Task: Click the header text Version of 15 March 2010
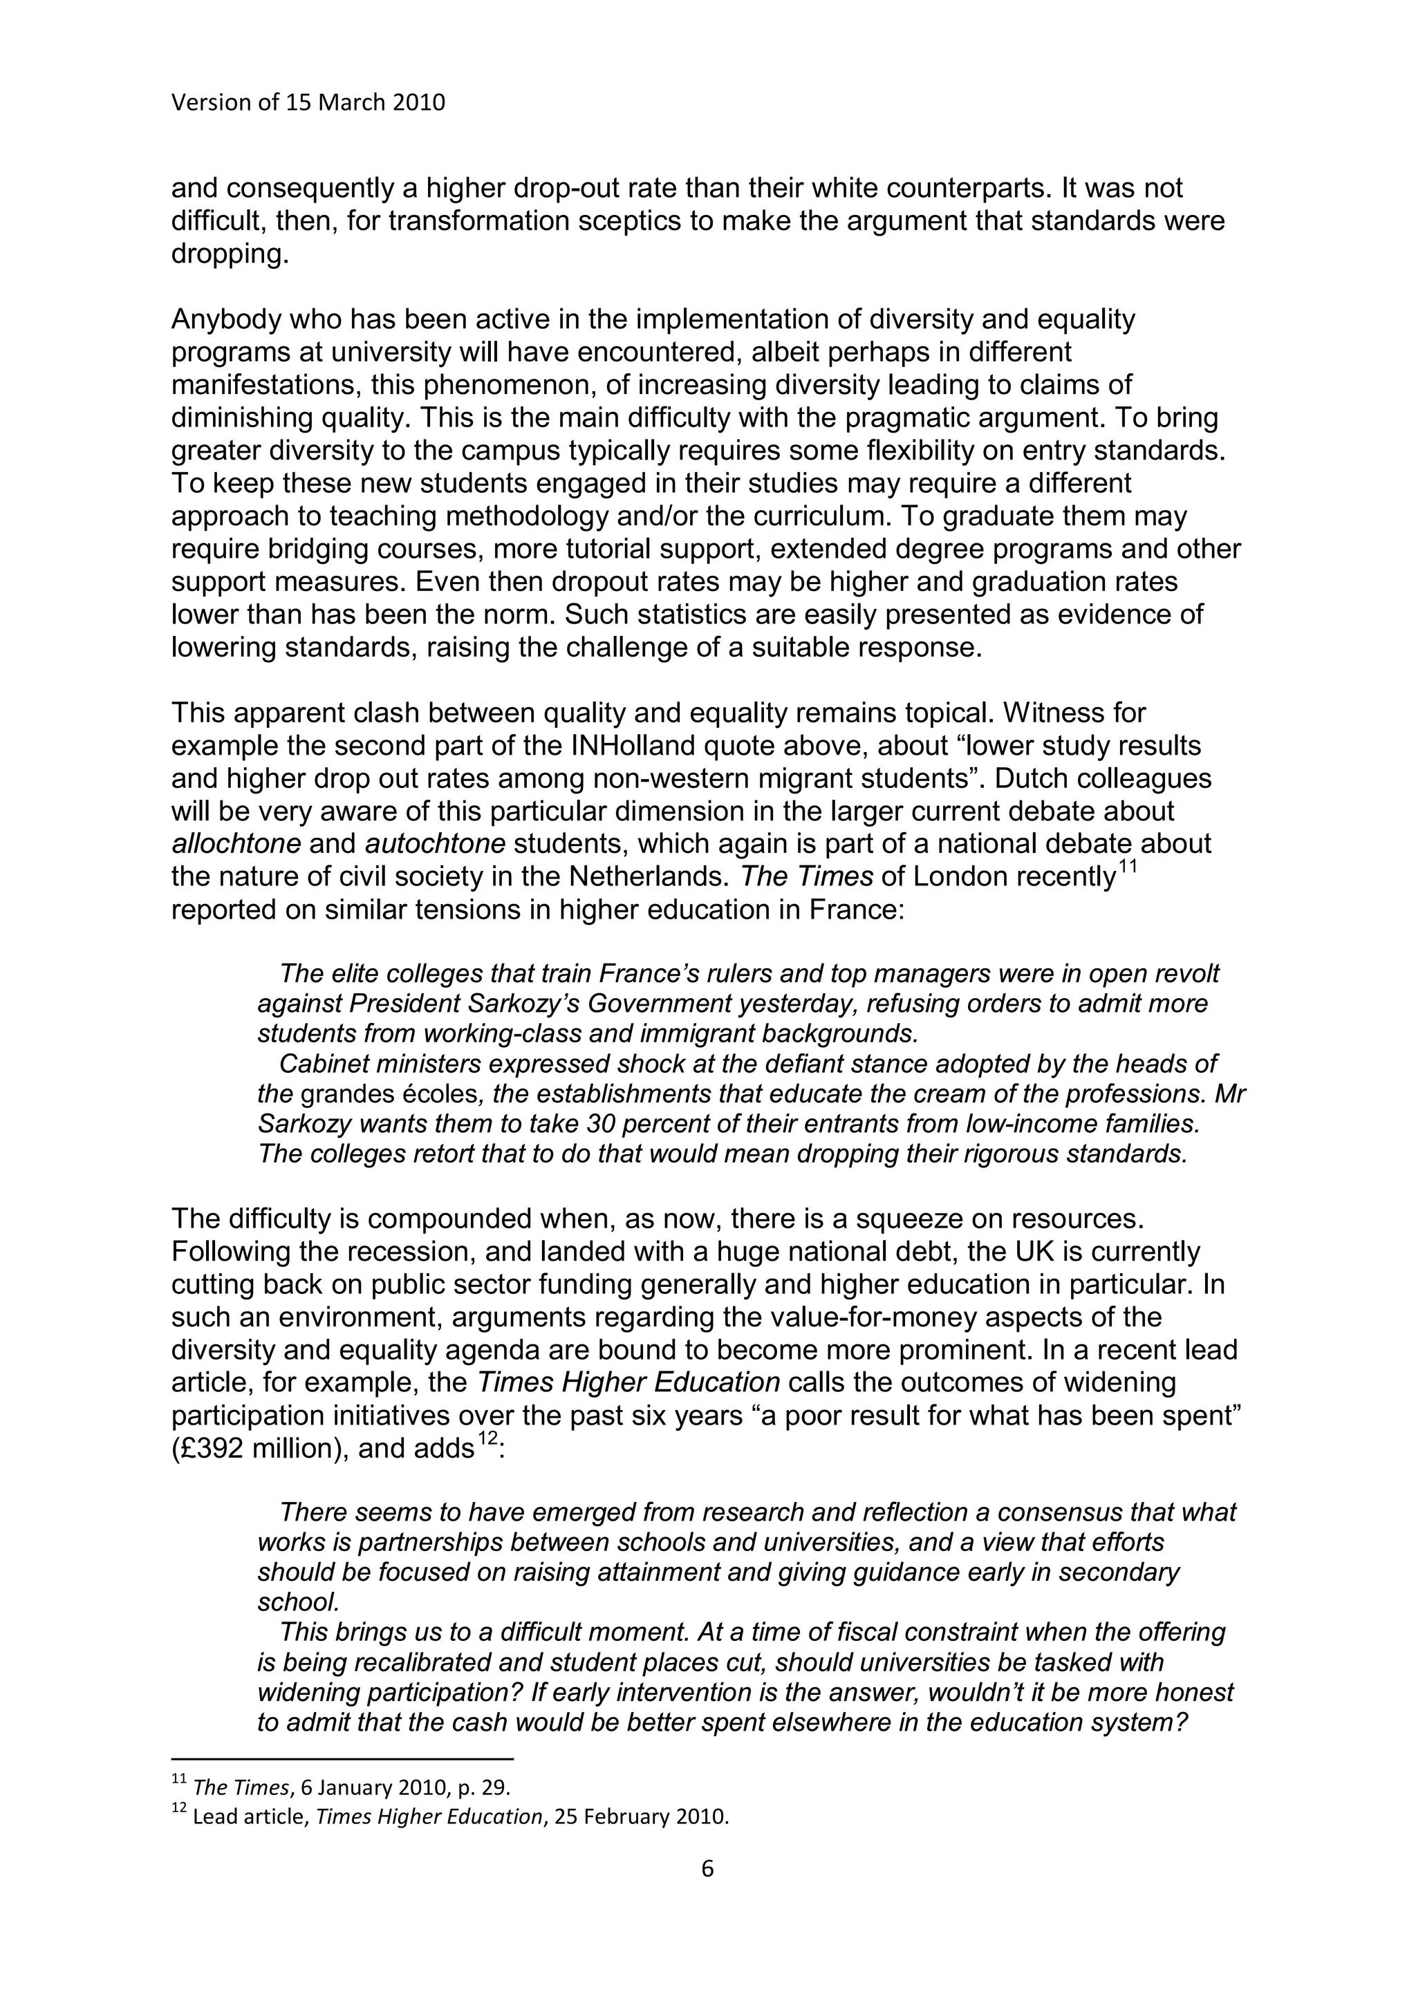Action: point(308,103)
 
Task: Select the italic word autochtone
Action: point(435,844)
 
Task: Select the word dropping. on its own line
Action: point(230,254)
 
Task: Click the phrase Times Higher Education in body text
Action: point(628,1382)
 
